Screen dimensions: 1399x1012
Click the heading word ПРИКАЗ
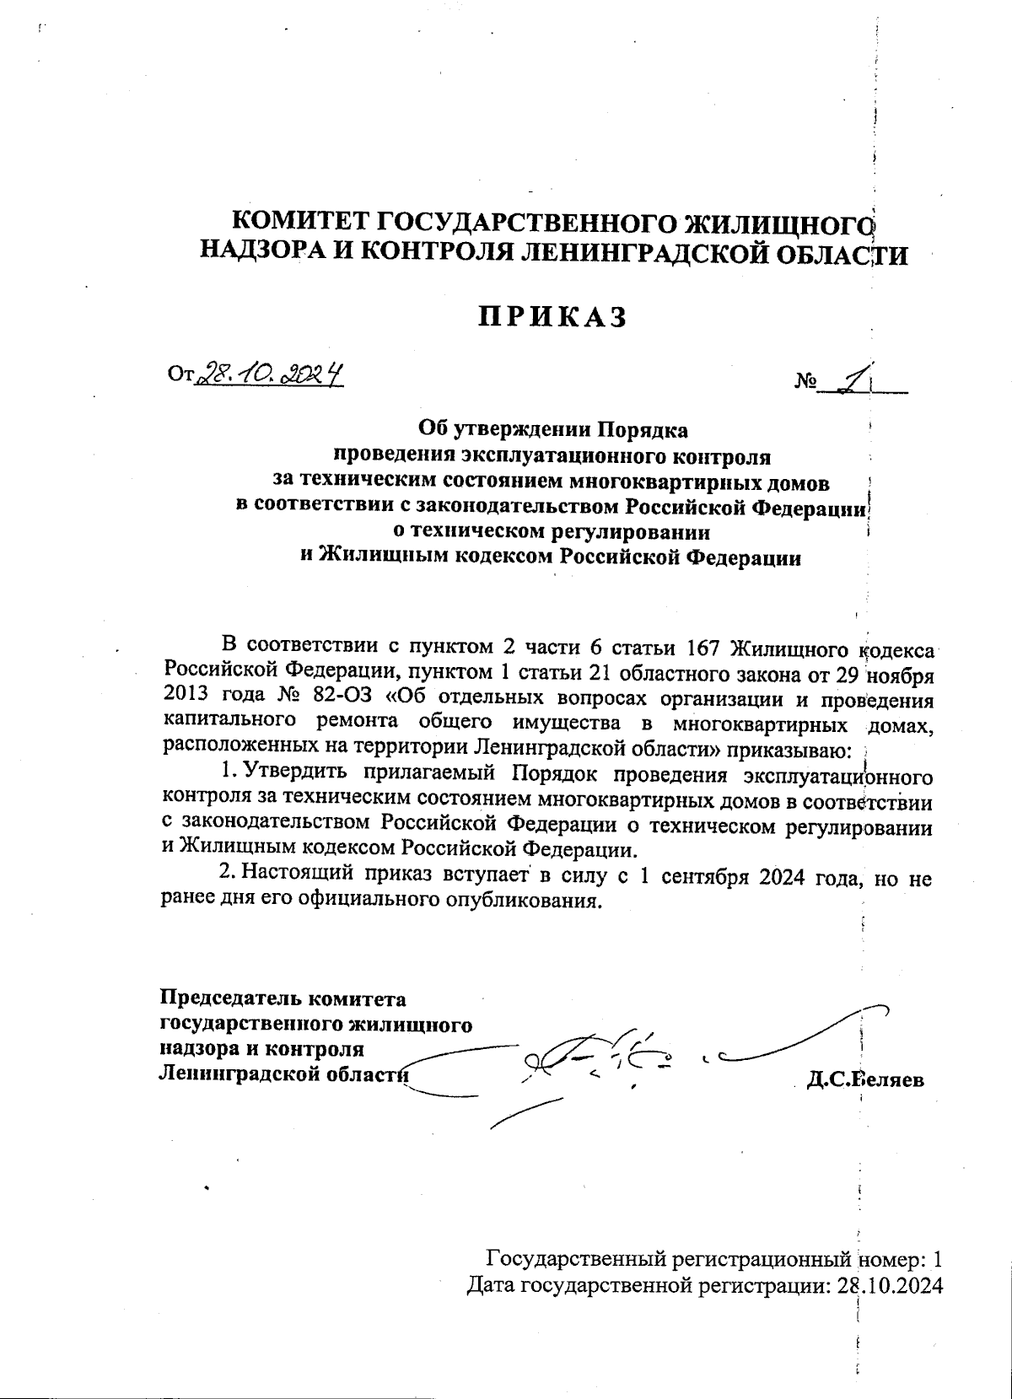(x=553, y=317)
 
